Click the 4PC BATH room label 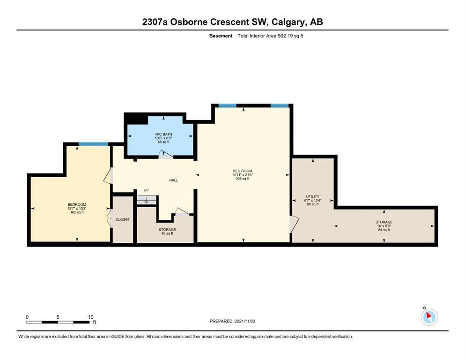click(163, 134)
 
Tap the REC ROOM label click(242, 171)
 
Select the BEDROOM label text click(77, 204)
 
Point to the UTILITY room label click(312, 196)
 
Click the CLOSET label click(123, 220)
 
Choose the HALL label click(173, 180)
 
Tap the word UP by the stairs click(146, 190)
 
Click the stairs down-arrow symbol click(146, 201)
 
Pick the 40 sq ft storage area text click(167, 233)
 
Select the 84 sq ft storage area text click(384, 230)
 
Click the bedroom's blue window click(93, 144)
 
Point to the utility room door click(294, 224)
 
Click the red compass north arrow click(428, 315)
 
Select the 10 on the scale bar click(90, 317)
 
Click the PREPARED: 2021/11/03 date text click(232, 321)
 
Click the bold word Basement click(221, 36)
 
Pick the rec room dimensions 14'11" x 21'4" click(242, 175)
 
